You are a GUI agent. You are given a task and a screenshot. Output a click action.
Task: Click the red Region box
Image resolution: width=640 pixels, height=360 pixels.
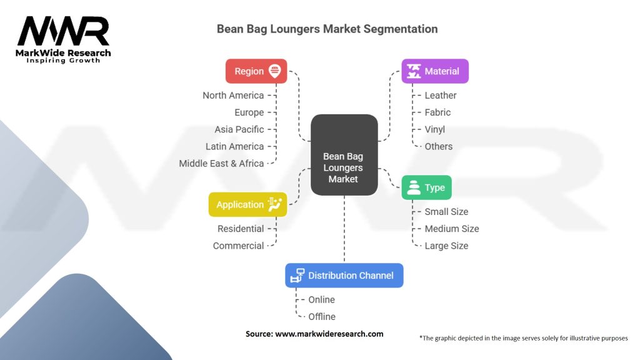[256, 71]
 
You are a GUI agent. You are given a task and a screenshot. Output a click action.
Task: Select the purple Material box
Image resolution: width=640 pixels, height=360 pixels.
[435, 71]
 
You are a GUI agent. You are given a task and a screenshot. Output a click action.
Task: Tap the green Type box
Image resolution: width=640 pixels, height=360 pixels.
[426, 187]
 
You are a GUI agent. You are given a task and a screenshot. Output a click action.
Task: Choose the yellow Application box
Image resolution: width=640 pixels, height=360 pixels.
[247, 204]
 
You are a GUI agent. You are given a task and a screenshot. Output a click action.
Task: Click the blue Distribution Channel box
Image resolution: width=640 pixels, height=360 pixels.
[344, 276]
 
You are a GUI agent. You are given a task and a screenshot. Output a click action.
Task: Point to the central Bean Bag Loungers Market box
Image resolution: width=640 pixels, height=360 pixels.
[344, 155]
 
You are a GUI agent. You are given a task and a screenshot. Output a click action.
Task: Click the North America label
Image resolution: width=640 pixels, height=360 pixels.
[233, 96]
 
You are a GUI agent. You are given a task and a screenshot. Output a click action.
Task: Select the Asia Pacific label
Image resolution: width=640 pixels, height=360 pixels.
[239, 129]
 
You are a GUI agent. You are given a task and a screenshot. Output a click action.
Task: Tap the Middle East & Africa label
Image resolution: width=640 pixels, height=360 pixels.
[221, 164]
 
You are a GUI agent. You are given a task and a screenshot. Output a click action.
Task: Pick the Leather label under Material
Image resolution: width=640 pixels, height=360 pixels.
[441, 96]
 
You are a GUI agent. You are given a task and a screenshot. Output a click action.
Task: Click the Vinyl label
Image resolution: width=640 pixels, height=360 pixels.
[435, 130]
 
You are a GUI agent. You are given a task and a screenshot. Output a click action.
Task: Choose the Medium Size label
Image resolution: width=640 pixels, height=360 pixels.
[452, 229]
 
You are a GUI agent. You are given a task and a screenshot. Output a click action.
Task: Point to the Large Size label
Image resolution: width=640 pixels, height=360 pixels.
[446, 246]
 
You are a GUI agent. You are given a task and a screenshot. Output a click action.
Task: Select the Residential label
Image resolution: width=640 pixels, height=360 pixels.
[241, 229]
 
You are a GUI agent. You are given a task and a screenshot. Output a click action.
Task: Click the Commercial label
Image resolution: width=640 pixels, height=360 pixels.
[238, 246]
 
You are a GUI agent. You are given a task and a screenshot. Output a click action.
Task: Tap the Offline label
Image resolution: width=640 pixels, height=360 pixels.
[322, 317]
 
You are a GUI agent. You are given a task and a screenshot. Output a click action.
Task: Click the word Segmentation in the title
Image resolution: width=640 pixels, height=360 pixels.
[401, 29]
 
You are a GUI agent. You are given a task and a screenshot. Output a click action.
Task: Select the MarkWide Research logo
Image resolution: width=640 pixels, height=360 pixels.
[63, 39]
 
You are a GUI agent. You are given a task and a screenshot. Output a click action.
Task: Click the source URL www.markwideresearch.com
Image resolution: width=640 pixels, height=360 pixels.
[329, 334]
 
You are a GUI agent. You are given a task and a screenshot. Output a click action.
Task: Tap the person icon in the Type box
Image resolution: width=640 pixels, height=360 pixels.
[414, 187]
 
